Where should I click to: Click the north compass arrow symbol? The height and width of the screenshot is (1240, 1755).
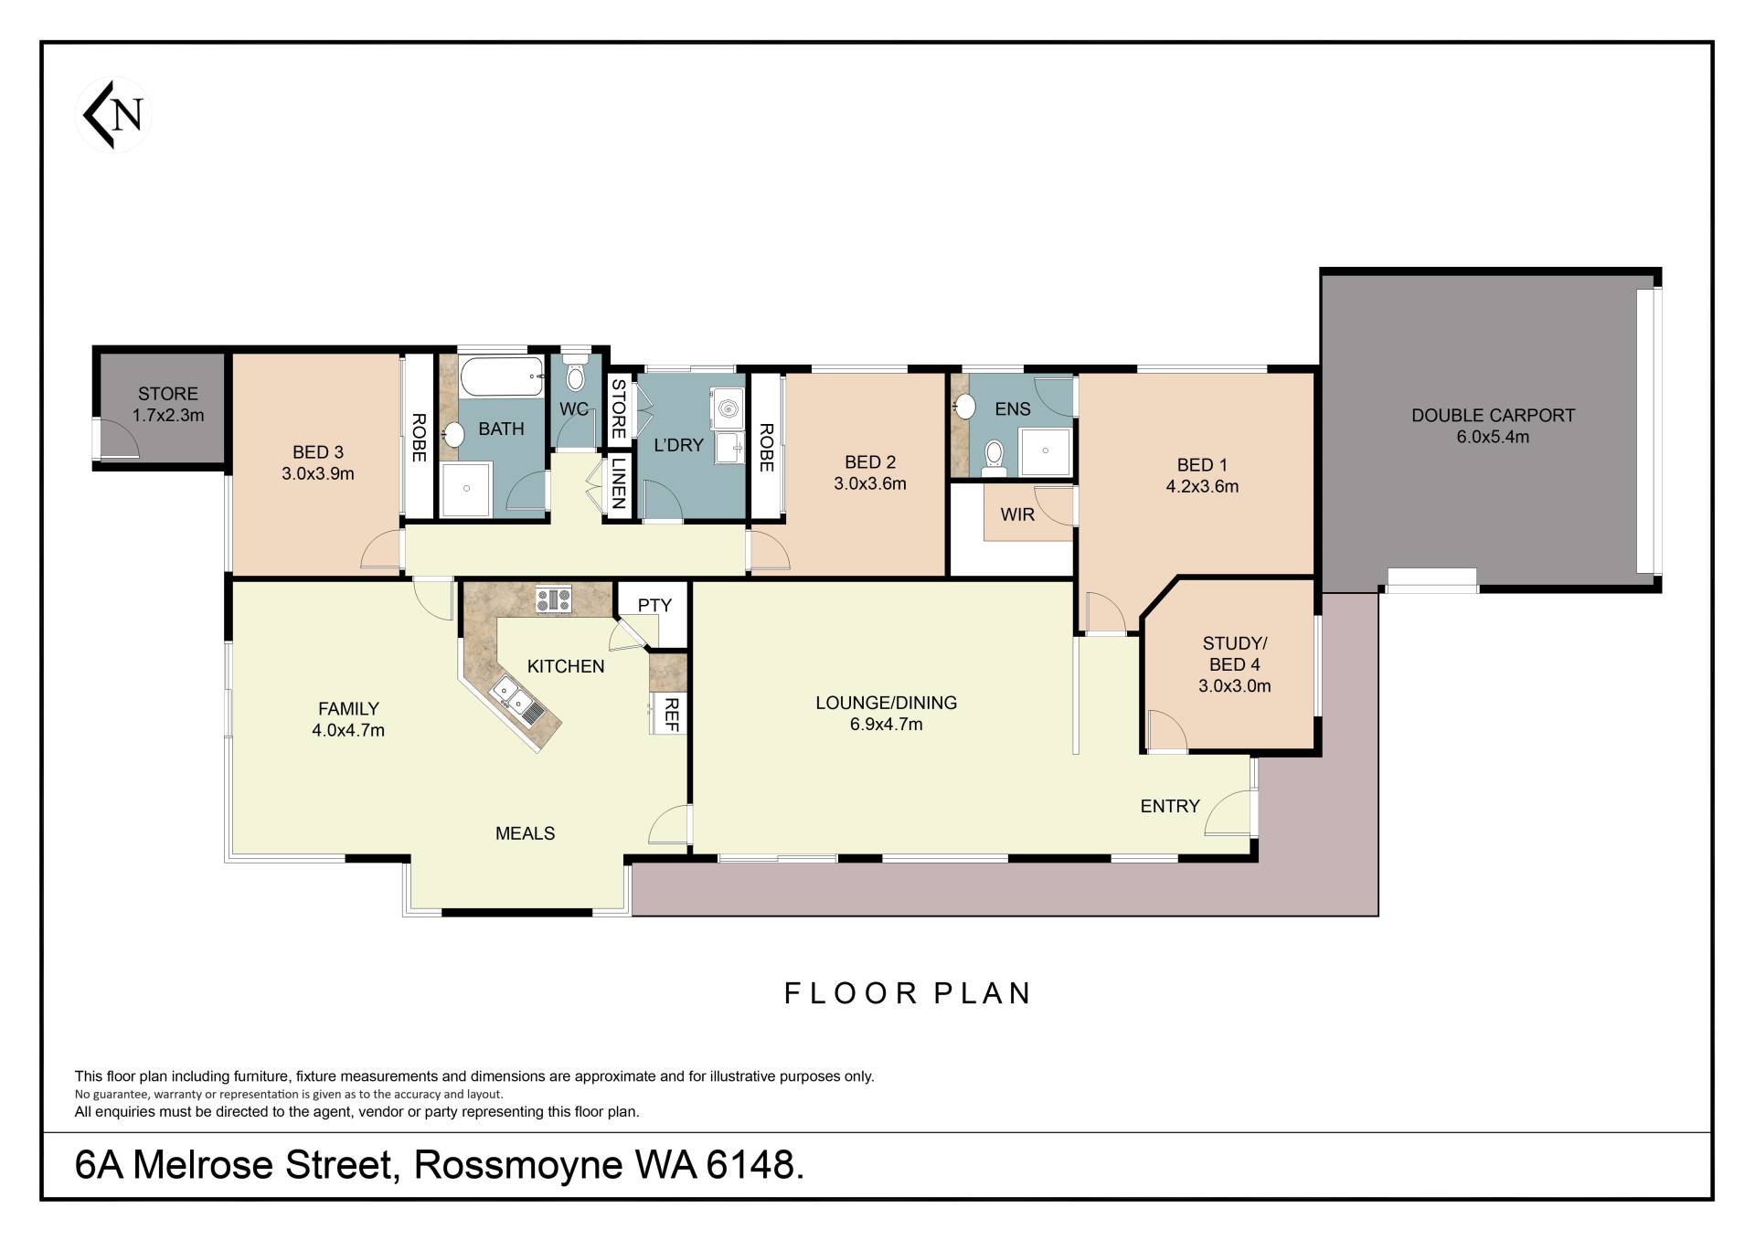point(112,114)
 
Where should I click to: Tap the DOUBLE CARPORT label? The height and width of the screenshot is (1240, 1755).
point(1493,415)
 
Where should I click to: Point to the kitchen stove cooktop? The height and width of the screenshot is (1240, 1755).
point(552,599)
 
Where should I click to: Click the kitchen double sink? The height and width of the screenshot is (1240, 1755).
point(518,701)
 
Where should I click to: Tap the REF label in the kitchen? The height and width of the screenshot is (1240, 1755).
point(672,714)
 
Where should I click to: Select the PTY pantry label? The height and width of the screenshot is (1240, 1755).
point(654,605)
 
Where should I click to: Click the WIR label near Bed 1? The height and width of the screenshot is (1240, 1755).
point(1017,514)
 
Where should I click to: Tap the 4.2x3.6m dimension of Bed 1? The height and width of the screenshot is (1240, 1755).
point(1202,487)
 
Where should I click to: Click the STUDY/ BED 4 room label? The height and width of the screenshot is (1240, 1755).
point(1235,654)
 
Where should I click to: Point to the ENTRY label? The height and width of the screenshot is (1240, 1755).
point(1170,806)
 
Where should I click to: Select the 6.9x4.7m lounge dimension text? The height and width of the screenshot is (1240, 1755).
point(886,725)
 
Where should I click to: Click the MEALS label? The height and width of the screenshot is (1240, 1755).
point(526,833)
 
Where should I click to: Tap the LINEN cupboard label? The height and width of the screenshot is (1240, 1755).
point(618,483)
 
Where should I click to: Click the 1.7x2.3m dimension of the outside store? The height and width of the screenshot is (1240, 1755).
point(168,415)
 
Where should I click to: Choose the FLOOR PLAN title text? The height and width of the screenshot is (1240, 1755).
point(909,993)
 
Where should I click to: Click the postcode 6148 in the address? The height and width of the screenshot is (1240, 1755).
point(755,1166)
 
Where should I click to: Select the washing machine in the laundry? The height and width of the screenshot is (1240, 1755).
point(727,408)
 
